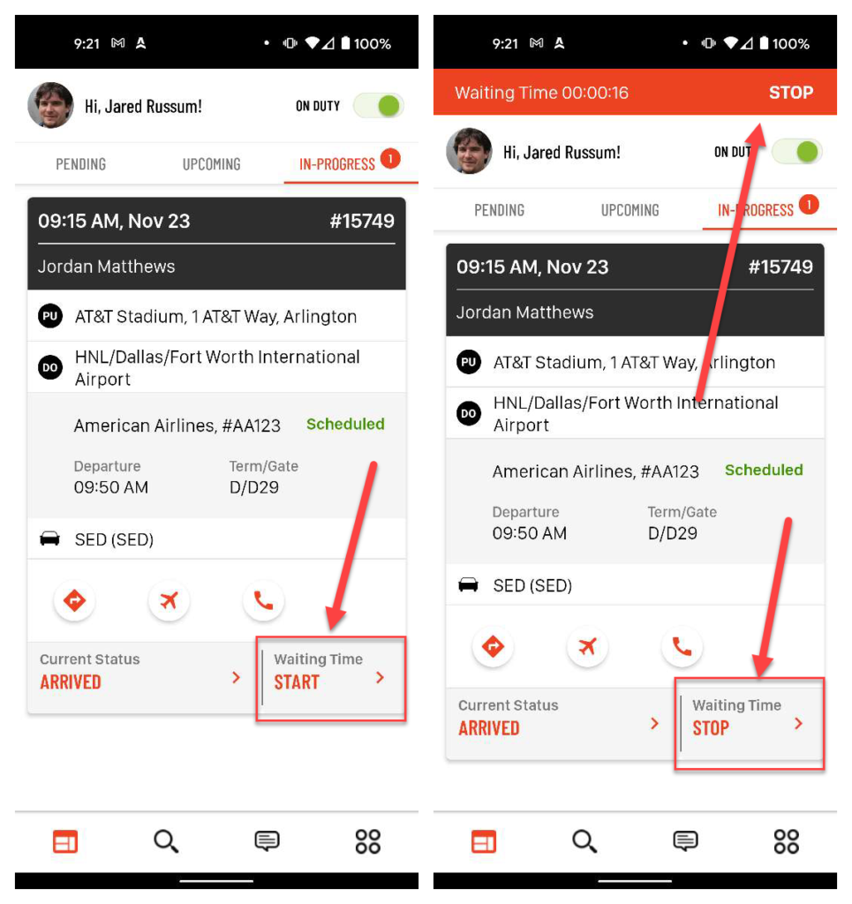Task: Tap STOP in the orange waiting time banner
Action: pos(790,92)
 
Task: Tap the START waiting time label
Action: pos(297,682)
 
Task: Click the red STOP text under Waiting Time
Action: pos(711,728)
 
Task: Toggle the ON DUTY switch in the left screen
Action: pos(379,106)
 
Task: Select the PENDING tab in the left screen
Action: pos(80,164)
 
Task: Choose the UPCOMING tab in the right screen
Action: pos(630,210)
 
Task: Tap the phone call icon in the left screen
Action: pos(263,600)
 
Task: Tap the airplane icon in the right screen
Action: pos(587,646)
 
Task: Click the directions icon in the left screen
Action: pos(74,600)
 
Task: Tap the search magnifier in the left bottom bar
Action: pos(166,841)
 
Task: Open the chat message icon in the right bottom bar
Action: pos(685,841)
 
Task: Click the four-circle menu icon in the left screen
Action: pos(368,841)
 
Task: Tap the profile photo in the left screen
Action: pos(50,105)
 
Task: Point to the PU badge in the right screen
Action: pos(469,362)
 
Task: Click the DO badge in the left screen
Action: pos(50,368)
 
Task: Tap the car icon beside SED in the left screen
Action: pos(49,539)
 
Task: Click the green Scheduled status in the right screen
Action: pos(764,470)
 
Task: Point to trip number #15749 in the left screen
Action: pos(362,221)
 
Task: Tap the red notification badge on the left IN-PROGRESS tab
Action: pos(391,159)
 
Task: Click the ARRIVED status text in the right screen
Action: pos(489,728)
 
